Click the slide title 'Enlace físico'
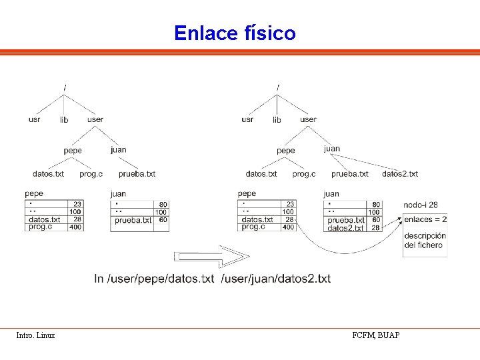235,33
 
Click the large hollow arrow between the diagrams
211,257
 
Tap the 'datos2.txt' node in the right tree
400,174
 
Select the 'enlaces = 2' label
425,219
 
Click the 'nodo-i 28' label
421,205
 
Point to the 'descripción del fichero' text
425,241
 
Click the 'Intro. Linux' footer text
36,335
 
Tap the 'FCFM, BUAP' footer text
376,335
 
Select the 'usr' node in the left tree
35,120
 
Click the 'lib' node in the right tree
277,120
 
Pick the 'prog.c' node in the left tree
91,174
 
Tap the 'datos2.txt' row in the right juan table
345,228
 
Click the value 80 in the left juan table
163,205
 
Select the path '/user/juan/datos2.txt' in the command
276,279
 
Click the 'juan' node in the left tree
118,150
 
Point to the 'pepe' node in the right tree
285,151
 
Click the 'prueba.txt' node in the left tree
137,174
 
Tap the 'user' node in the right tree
308,120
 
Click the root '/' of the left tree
65,87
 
